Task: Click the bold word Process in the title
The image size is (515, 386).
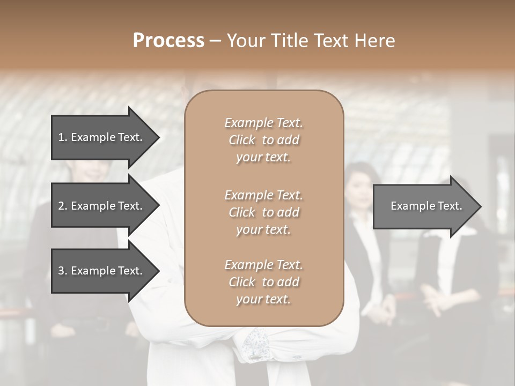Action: (x=168, y=41)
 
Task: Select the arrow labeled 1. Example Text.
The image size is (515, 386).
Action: (x=100, y=137)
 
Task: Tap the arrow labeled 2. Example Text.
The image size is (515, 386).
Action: (x=100, y=206)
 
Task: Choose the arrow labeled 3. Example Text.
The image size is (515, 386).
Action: (x=100, y=271)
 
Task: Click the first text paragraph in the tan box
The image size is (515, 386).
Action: (x=263, y=140)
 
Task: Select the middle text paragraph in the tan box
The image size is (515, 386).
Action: (x=263, y=212)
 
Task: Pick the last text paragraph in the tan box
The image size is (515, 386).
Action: (x=263, y=282)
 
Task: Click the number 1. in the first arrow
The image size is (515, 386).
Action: (x=63, y=137)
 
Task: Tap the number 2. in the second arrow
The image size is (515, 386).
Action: (x=63, y=206)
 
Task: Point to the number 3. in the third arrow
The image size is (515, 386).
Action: (x=63, y=271)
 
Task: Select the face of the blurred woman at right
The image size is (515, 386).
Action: (x=358, y=188)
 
